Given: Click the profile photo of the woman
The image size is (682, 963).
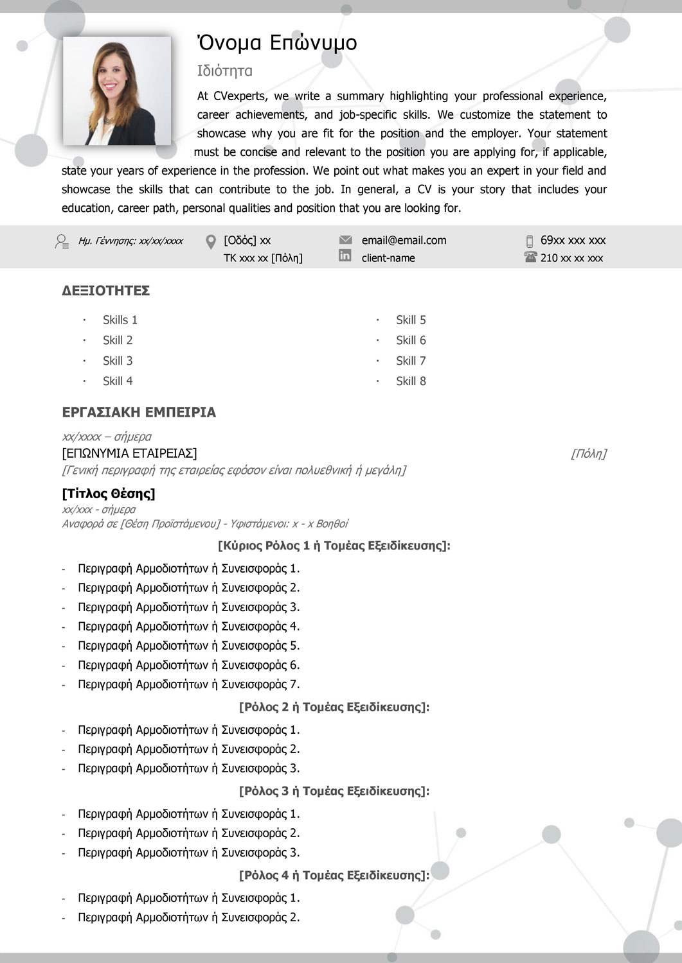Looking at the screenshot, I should pyautogui.click(x=117, y=91).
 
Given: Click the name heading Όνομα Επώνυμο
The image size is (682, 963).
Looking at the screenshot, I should pyautogui.click(x=276, y=42).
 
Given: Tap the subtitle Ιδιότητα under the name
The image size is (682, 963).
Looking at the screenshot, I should pyautogui.click(x=224, y=71).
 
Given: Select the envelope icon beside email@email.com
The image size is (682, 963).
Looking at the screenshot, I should pyautogui.click(x=345, y=240).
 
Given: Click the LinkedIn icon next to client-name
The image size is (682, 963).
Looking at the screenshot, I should pyautogui.click(x=345, y=256).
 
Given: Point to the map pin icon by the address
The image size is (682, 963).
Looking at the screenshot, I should pyautogui.click(x=211, y=242).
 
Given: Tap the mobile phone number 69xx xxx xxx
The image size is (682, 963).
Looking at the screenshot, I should pyautogui.click(x=573, y=240).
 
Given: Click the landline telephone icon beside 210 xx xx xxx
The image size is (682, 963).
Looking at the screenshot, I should pyautogui.click(x=530, y=257).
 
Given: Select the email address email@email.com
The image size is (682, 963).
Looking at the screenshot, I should pyautogui.click(x=404, y=240).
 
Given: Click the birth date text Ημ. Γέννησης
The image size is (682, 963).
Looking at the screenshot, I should pyautogui.click(x=130, y=241).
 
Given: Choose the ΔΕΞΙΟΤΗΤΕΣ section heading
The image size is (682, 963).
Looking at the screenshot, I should pyautogui.click(x=106, y=291).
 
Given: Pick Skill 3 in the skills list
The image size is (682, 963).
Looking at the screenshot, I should pyautogui.click(x=118, y=361).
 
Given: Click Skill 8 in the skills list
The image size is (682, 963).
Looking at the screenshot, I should pyautogui.click(x=411, y=381).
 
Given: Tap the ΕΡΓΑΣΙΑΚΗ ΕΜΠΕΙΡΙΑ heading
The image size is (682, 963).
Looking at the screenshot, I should pyautogui.click(x=139, y=412).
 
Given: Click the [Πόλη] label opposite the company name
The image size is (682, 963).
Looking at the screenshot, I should pyautogui.click(x=588, y=454).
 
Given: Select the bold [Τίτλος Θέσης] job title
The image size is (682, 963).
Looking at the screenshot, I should pyautogui.click(x=109, y=494).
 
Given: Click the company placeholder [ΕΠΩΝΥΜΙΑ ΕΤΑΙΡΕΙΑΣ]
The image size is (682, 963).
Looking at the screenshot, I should pyautogui.click(x=129, y=453).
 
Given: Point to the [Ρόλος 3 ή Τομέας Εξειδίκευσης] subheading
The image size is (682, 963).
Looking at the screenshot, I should pyautogui.click(x=334, y=791).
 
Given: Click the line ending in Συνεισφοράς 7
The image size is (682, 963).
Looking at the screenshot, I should pyautogui.click(x=188, y=684).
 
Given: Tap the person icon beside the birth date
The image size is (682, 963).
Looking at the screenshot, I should pyautogui.click(x=62, y=241).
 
